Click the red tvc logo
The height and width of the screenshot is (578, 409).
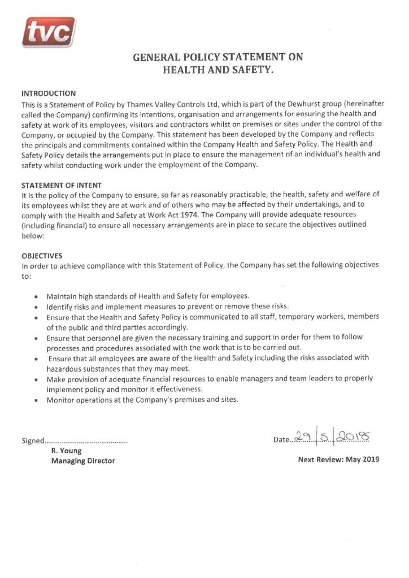(x=48, y=32)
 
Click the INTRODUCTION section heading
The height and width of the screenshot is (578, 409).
(x=49, y=93)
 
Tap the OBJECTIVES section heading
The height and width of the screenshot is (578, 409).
(x=42, y=255)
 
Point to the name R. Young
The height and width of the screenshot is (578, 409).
(x=66, y=450)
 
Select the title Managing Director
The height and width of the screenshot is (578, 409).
(x=82, y=461)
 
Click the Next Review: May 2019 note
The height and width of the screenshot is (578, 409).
(x=338, y=459)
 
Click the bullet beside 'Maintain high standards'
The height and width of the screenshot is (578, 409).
(x=36, y=296)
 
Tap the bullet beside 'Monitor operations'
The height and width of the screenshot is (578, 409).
(x=36, y=400)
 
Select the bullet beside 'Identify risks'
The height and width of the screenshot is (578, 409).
(x=36, y=306)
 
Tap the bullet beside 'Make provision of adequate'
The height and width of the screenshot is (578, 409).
(x=36, y=379)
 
